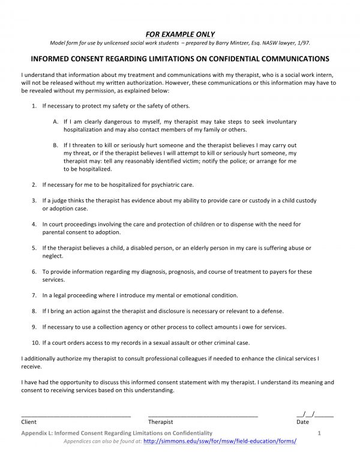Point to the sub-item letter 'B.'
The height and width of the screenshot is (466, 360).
(55, 145)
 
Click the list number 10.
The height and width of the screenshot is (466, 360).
(35, 342)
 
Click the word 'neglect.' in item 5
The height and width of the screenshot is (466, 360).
(53, 255)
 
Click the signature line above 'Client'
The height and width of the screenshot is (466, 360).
(76, 415)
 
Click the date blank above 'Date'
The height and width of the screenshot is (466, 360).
(316, 414)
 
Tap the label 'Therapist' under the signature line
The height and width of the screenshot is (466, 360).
(160, 422)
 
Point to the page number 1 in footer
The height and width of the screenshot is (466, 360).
(320, 432)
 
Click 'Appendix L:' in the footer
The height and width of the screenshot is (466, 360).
(38, 432)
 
